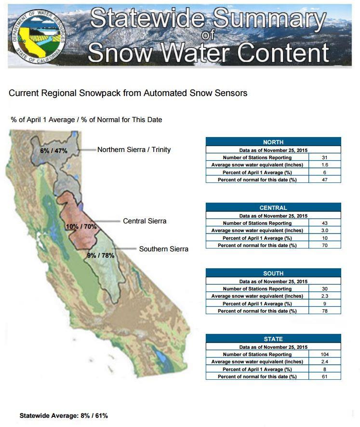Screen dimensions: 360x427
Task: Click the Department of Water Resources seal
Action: [39, 36]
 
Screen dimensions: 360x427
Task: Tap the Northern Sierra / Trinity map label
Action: [134, 150]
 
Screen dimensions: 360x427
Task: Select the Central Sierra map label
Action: [145, 221]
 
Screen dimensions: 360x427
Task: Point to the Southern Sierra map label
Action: [163, 249]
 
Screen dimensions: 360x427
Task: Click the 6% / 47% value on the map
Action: [53, 151]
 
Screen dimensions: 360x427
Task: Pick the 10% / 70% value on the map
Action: [81, 226]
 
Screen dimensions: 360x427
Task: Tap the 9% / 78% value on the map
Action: [100, 255]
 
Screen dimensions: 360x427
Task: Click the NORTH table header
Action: [273, 142]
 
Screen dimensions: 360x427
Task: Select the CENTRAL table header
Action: [273, 207]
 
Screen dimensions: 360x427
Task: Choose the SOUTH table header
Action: [273, 273]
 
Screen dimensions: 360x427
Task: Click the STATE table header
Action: [273, 339]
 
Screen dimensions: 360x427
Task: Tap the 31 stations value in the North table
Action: [325, 157]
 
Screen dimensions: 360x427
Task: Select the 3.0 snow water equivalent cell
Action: [325, 230]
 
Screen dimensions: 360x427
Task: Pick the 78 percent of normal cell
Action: [325, 311]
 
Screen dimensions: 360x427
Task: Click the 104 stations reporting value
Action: [325, 354]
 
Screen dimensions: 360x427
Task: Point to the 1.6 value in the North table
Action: [325, 165]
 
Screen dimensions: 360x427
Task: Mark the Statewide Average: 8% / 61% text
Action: [64, 415]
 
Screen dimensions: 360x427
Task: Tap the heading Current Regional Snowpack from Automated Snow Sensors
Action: [128, 93]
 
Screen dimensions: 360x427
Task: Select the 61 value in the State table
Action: [325, 377]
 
